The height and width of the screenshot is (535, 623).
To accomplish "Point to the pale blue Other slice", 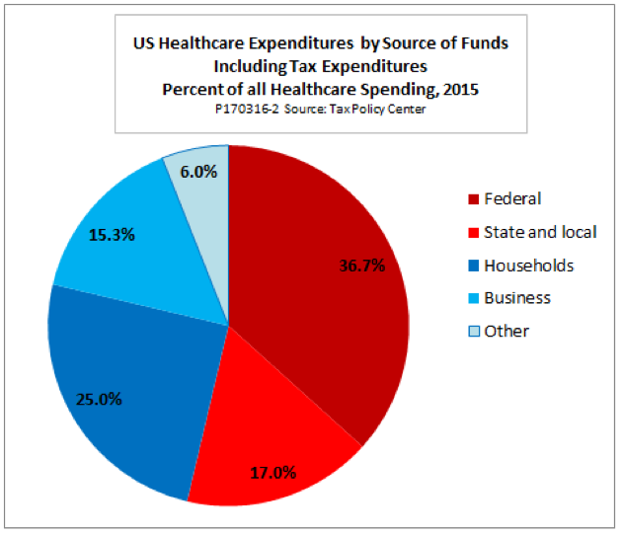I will (202, 197).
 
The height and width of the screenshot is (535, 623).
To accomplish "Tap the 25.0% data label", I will (100, 400).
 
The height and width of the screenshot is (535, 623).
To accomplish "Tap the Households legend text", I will (528, 266).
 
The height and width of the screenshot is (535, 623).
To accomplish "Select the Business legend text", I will (517, 298).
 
